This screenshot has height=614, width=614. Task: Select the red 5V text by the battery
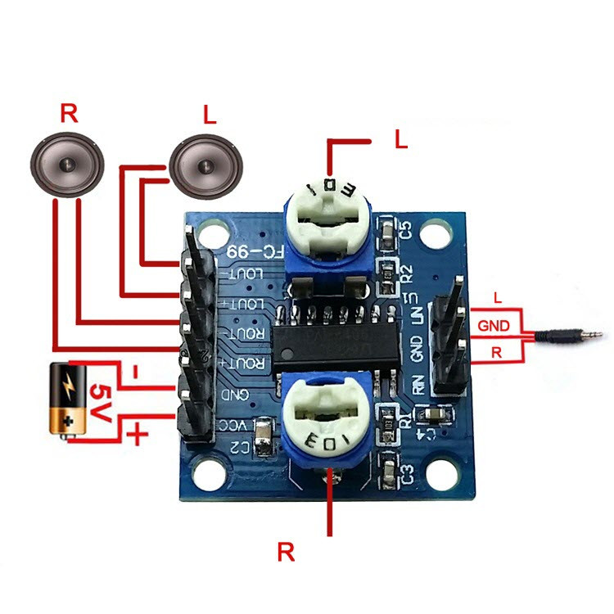tap(99, 403)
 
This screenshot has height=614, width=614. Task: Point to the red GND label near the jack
tap(495, 326)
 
